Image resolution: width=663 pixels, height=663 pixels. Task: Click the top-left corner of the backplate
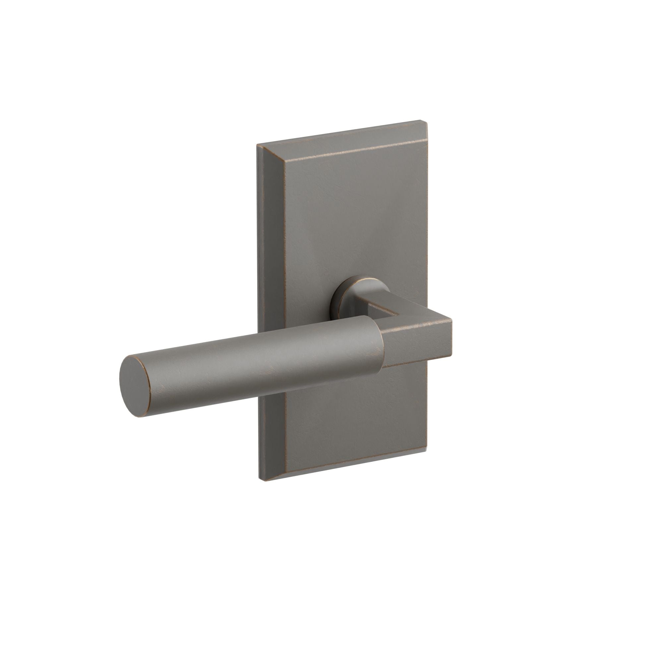click(x=258, y=146)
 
